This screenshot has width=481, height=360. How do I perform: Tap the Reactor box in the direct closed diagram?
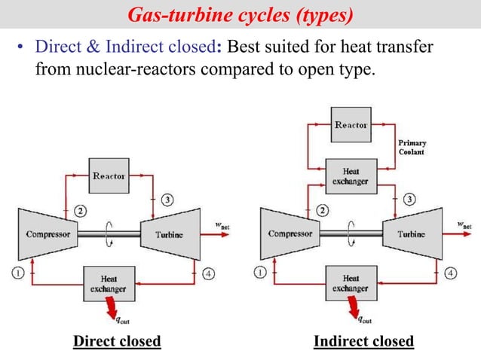tap(110, 175)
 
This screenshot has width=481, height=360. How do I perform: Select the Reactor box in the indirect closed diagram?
tap(351, 126)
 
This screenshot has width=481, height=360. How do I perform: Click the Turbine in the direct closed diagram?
tap(169, 234)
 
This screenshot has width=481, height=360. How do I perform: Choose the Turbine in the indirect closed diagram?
tap(411, 234)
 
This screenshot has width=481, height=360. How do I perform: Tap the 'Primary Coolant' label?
tap(412, 147)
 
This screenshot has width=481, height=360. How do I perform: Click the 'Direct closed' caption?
tap(117, 341)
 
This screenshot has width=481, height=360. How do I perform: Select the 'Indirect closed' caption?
tap(363, 341)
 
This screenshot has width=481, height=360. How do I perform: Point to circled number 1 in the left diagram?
tap(17, 272)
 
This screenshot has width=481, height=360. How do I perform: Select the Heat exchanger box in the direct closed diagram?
tap(110, 283)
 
